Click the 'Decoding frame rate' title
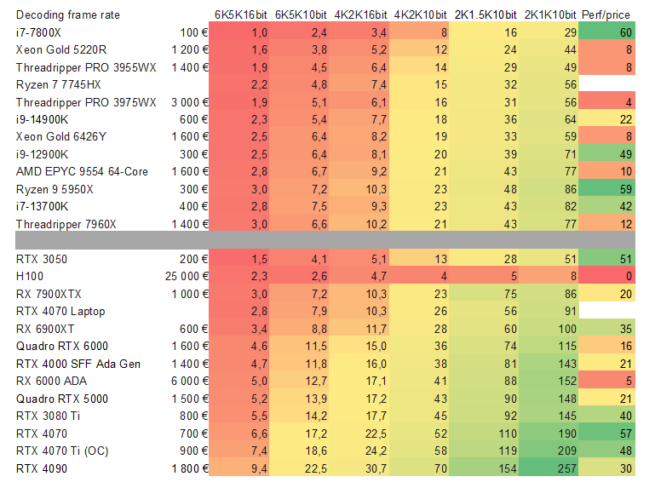68,14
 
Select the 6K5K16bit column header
240,14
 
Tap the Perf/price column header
606,14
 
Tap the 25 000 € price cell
187,276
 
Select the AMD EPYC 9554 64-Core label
82,171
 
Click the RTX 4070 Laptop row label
60,311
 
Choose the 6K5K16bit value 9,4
260,468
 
